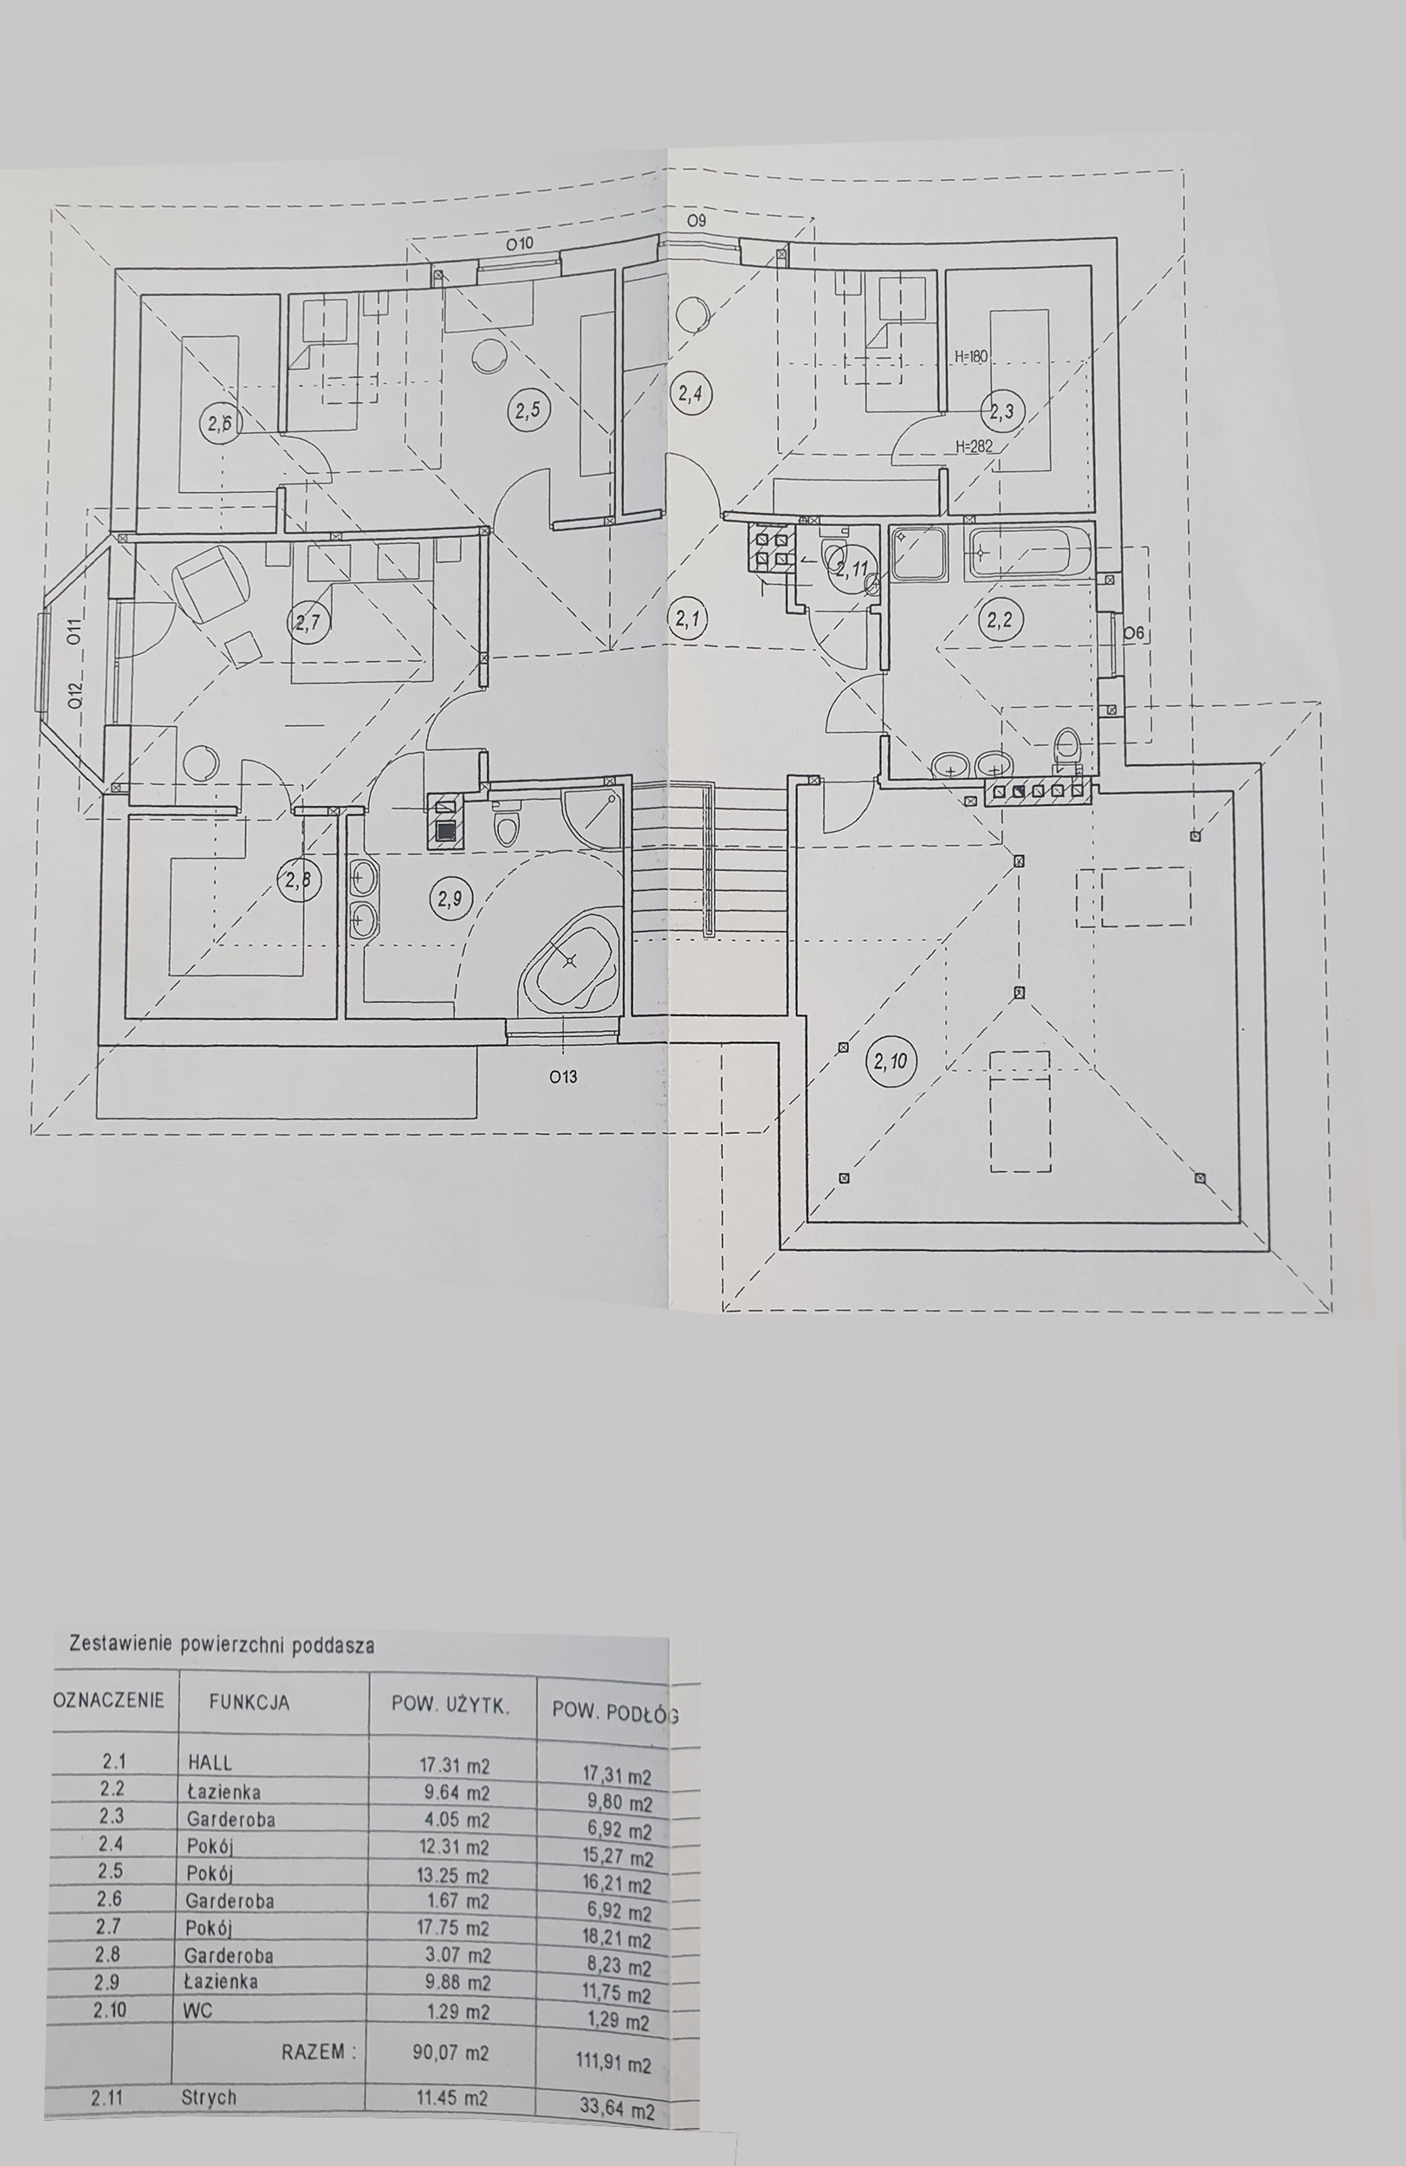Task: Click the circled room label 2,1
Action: (x=688, y=619)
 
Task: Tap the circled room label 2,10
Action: (x=890, y=1061)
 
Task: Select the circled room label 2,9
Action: (x=450, y=899)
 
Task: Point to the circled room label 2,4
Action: (x=690, y=394)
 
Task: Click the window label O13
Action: (x=563, y=1078)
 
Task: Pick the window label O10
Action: (x=519, y=244)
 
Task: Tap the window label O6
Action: (x=1133, y=632)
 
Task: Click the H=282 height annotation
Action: (x=973, y=447)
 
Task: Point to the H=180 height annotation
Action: (x=970, y=356)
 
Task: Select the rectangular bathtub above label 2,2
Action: (x=1029, y=553)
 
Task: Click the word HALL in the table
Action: (x=211, y=1762)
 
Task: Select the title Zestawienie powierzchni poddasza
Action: (x=221, y=1644)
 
